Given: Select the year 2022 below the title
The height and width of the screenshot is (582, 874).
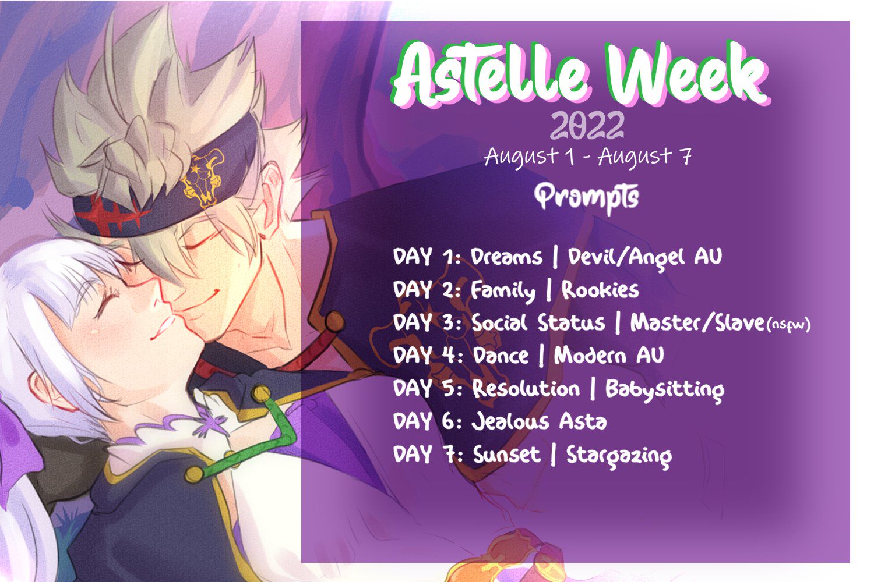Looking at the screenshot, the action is click(587, 125).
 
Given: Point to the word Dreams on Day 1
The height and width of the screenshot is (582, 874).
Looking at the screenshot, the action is click(506, 257).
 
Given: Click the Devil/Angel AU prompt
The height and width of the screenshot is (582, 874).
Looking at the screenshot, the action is click(644, 258).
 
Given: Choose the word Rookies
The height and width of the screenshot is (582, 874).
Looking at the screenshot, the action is click(600, 290).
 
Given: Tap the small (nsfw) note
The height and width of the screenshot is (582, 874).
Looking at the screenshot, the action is click(788, 324).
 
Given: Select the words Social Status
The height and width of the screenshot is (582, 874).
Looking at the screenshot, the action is click(538, 323).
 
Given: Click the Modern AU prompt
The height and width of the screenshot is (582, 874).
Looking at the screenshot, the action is click(609, 356).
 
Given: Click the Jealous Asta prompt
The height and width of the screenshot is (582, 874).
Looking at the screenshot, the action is click(539, 422).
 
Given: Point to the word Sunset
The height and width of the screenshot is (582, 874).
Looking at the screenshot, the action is click(506, 455).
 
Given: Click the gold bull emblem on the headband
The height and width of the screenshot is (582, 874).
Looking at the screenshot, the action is click(203, 178).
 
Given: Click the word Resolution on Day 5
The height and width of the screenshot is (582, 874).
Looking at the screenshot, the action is click(526, 389).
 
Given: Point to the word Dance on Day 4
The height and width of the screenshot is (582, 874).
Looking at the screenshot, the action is click(501, 356).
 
